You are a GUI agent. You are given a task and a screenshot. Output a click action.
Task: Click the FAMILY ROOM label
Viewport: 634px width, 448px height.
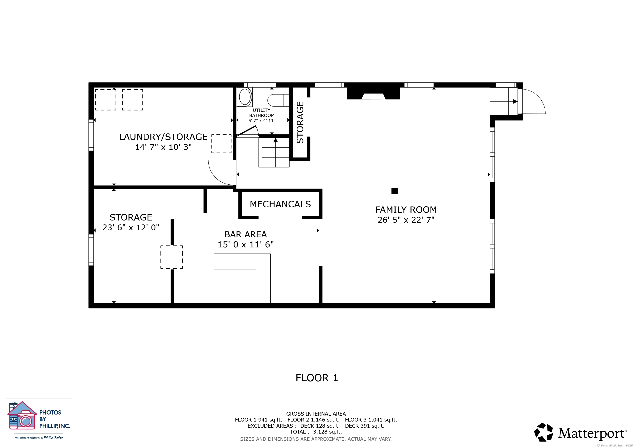click(406, 210)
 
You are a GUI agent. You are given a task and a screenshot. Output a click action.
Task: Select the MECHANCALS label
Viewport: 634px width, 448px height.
click(280, 204)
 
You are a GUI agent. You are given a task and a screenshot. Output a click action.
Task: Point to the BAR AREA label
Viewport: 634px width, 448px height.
click(245, 234)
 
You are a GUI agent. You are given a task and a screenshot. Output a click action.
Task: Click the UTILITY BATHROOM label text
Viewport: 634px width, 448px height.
click(262, 113)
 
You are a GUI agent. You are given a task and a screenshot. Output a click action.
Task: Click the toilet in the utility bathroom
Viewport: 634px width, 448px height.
click(278, 100)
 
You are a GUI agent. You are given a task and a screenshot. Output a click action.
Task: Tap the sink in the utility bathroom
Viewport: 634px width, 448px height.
click(245, 97)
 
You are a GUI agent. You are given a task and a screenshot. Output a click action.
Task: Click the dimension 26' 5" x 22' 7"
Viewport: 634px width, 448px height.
click(406, 220)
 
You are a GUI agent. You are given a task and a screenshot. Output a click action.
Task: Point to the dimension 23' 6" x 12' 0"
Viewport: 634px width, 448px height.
click(131, 227)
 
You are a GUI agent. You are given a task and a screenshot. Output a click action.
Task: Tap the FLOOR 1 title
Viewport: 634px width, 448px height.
click(317, 378)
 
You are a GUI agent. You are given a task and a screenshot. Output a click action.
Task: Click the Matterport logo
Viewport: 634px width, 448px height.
click(580, 432)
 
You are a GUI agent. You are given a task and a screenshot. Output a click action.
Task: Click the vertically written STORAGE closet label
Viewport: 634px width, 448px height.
click(300, 122)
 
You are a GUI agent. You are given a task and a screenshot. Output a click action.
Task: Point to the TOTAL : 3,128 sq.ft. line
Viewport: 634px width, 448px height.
click(316, 432)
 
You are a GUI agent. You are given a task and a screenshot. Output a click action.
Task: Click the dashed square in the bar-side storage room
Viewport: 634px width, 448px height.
click(171, 257)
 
